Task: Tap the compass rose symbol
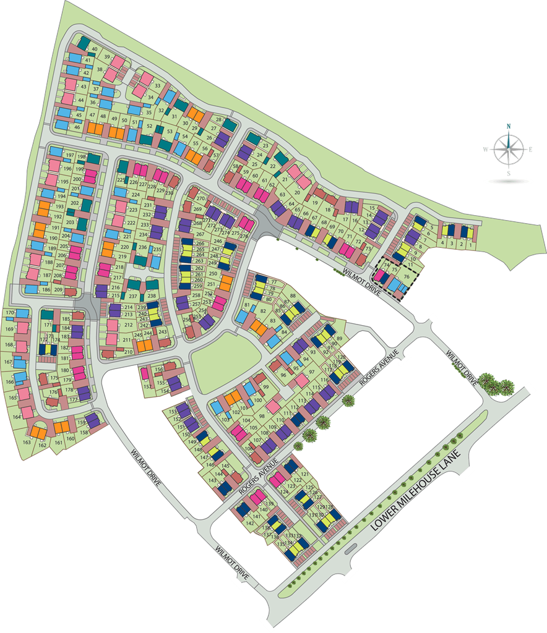[508, 149]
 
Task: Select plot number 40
[95, 49]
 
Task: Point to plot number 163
[27, 442]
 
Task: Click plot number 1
[473, 245]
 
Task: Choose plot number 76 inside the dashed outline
[407, 276]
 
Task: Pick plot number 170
[9, 313]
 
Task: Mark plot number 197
[69, 155]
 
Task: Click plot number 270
[200, 199]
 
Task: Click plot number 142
[249, 523]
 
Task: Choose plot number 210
[129, 352]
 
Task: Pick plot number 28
[218, 119]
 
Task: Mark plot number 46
[77, 127]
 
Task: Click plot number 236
[142, 247]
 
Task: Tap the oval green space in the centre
[225, 357]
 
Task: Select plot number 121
[303, 474]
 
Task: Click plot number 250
[213, 273]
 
